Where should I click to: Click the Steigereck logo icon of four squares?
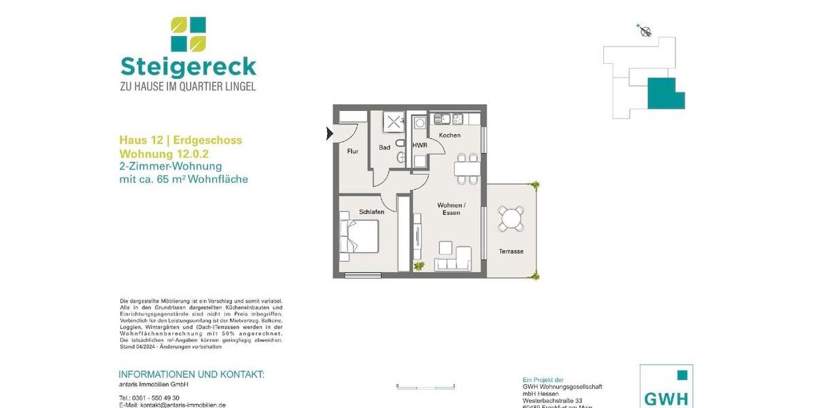(188, 35)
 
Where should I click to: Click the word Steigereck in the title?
(188, 67)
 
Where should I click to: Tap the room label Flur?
(353, 151)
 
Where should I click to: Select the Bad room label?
(385, 148)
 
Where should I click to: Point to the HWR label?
(420, 146)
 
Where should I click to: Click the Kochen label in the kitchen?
(449, 135)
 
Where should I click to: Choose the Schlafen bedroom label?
(372, 211)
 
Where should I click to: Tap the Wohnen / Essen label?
(451, 209)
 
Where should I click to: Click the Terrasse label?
(511, 251)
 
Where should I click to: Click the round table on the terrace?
(511, 218)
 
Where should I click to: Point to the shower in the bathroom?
(394, 122)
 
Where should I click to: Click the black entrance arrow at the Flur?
(330, 133)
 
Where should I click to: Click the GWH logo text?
(666, 398)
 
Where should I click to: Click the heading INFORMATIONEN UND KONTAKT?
(191, 375)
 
